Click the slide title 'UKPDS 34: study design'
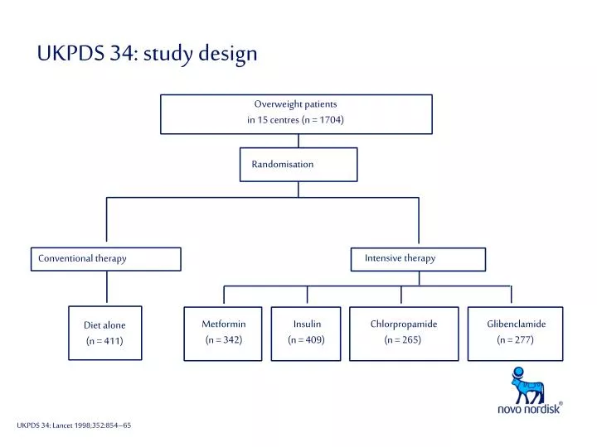point(147,54)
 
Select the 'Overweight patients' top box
point(296,113)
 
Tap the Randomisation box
point(298,164)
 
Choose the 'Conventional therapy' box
point(106,258)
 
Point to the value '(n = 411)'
point(104,341)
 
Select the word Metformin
point(224,324)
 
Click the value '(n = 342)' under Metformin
point(224,340)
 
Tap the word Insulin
point(307,324)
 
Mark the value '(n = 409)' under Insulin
point(307,340)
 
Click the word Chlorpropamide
point(404,324)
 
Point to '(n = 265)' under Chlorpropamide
point(403,340)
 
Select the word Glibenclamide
point(516,324)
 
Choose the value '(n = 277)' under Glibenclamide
point(516,340)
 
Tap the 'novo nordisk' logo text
point(529,409)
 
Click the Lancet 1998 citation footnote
point(74,425)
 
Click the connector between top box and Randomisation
point(298,141)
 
